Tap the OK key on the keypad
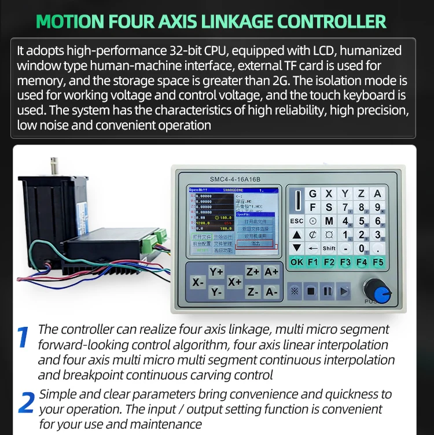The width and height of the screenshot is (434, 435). point(296,262)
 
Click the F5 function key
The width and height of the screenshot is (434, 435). point(377,262)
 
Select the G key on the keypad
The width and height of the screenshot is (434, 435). point(313,194)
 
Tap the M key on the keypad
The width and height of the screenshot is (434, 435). point(329,221)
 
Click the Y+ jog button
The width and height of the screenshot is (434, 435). point(216,271)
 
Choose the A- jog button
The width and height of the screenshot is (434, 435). point(271,292)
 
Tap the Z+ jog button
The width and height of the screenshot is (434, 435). point(253,271)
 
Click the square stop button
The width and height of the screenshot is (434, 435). point(311,291)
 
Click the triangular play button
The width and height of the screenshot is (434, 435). point(344,291)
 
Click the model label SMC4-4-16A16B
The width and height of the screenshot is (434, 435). point(227,179)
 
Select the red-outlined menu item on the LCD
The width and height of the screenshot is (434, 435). point(255,244)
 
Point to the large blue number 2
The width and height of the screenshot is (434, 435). point(26,403)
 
